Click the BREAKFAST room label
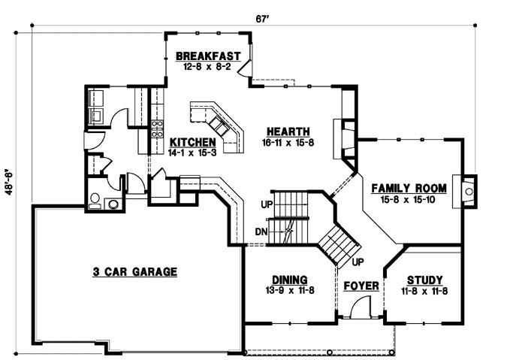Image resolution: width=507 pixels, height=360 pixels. [207, 56]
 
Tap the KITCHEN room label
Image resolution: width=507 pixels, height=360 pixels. [193, 141]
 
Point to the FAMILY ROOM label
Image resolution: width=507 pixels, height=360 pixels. [410, 189]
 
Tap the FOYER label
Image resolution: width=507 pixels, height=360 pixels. [358, 286]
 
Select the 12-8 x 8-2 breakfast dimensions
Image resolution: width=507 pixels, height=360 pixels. [207, 66]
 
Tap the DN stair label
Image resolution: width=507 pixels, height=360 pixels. [261, 231]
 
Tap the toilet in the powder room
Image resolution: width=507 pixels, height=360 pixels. [95, 199]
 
